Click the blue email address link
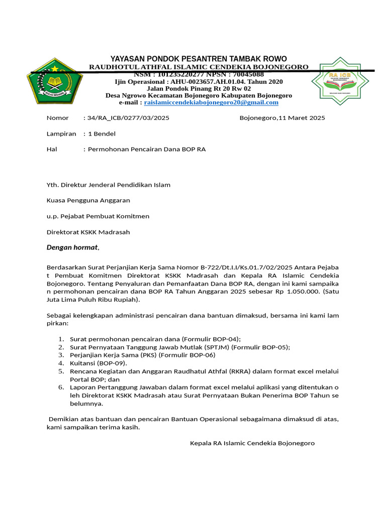coord(211,102)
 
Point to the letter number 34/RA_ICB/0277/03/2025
coord(128,118)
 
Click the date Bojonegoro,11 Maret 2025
coord(282,118)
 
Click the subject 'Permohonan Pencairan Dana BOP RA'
coord(147,149)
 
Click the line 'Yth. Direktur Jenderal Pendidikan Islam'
coord(109,185)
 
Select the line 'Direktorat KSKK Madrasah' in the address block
coord(88,232)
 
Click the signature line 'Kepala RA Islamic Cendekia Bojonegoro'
coord(252,443)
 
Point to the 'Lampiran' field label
coord(61,134)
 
